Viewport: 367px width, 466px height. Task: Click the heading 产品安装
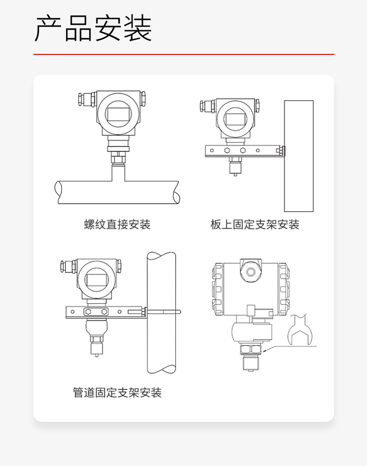[93, 28]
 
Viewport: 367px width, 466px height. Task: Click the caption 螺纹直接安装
[118, 224]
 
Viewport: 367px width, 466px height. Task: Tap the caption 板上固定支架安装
[255, 224]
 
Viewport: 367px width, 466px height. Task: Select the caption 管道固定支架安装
[118, 393]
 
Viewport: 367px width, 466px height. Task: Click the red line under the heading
[184, 54]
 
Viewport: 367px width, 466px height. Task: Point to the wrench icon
[299, 330]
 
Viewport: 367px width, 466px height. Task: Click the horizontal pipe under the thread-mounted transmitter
[117, 192]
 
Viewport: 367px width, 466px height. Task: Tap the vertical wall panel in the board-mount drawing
[299, 156]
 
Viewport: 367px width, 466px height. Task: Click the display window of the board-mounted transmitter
[235, 119]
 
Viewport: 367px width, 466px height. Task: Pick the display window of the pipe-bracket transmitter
[97, 280]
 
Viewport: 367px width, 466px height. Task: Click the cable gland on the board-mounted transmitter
[208, 106]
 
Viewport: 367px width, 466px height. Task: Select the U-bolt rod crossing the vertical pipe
[163, 312]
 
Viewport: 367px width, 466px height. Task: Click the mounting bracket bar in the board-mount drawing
[243, 151]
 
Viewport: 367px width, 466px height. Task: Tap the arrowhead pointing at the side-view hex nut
[264, 351]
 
